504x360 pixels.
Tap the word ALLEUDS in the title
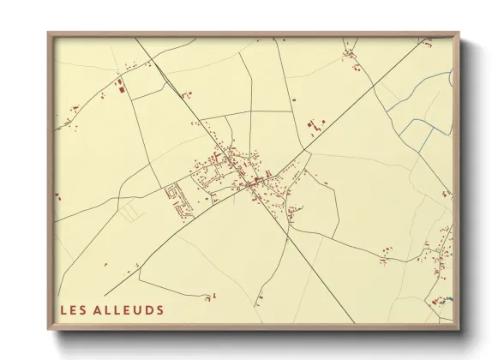[x=129, y=309]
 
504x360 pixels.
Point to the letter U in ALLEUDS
[x=140, y=309]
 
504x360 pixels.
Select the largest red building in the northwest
[x=121, y=84]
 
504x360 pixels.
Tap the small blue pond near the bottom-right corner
[x=451, y=299]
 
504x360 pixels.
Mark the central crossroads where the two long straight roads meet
[x=250, y=183]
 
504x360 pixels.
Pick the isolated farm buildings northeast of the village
[x=314, y=126]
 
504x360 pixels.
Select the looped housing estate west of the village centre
[x=180, y=199]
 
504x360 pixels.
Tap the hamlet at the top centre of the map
[x=350, y=56]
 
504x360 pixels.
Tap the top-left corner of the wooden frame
[x=49, y=33]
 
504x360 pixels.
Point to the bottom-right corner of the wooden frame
[x=459, y=328]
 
